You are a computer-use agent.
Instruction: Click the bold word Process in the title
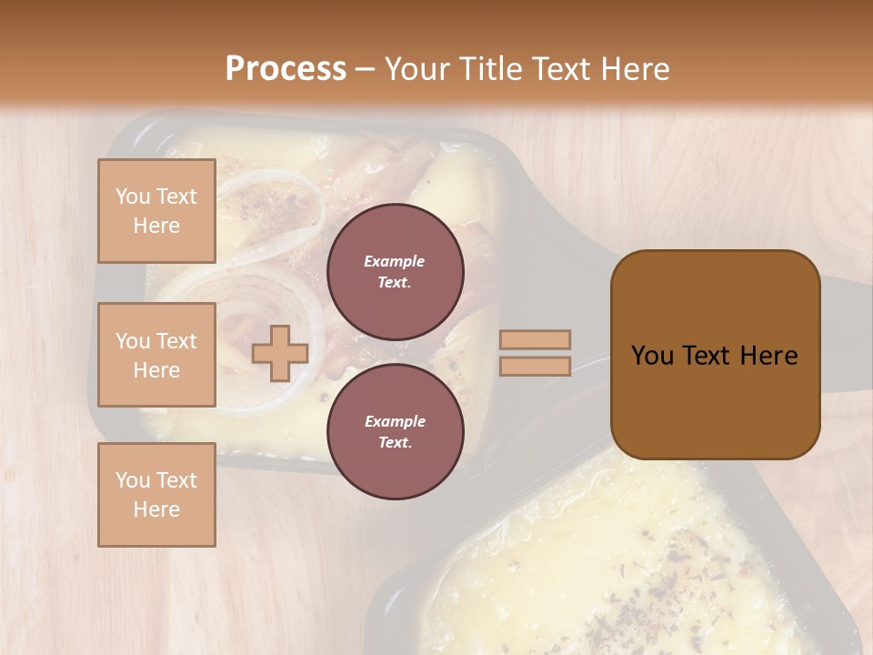click(x=286, y=69)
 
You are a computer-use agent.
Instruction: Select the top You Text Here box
click(x=156, y=211)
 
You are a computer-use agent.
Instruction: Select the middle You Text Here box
click(x=156, y=355)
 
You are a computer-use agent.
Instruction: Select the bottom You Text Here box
click(x=156, y=495)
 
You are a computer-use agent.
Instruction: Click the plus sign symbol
click(x=280, y=353)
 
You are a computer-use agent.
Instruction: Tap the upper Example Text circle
click(x=395, y=272)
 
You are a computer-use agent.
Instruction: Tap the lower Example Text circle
click(x=395, y=432)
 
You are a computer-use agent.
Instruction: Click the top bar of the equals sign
click(x=535, y=339)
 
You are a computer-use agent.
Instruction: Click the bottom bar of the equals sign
click(x=535, y=366)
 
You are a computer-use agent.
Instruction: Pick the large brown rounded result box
click(x=715, y=355)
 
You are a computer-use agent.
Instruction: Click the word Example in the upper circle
click(x=395, y=261)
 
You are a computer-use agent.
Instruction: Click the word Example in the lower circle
click(x=395, y=421)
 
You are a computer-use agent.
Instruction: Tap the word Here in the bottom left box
click(x=156, y=509)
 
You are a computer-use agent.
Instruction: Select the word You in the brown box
click(x=652, y=356)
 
